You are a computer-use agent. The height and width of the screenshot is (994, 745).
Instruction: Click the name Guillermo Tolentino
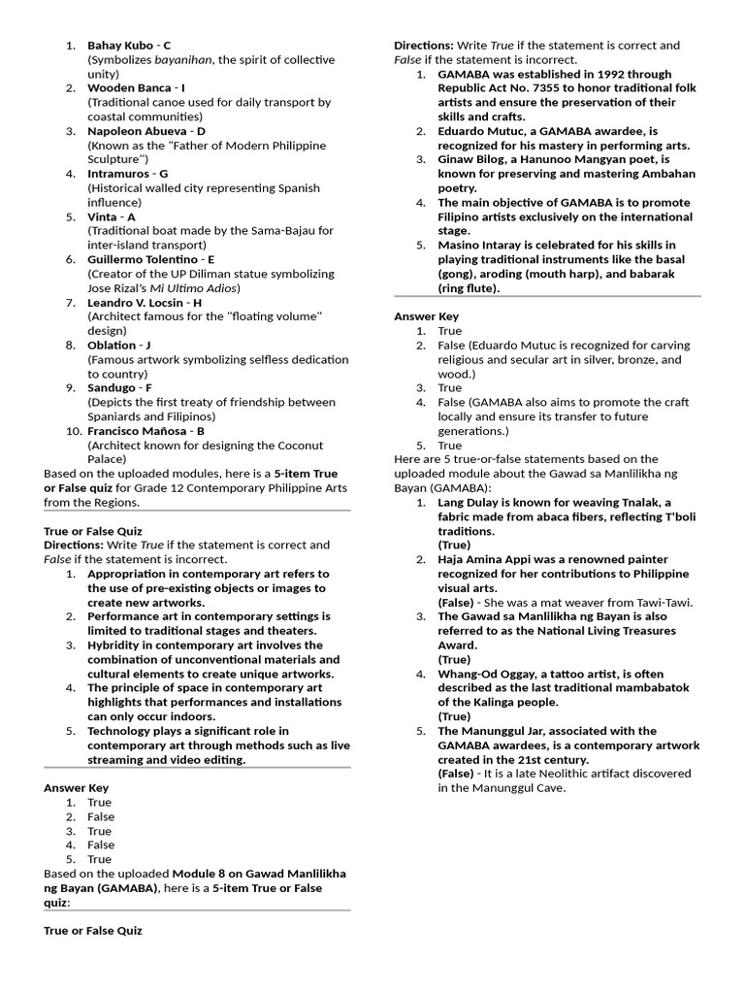(x=142, y=259)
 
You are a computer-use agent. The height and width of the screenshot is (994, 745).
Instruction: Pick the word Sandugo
(x=112, y=387)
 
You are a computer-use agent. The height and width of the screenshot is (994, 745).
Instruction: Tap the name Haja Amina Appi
(x=487, y=559)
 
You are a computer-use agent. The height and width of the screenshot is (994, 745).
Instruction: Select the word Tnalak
(x=642, y=502)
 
